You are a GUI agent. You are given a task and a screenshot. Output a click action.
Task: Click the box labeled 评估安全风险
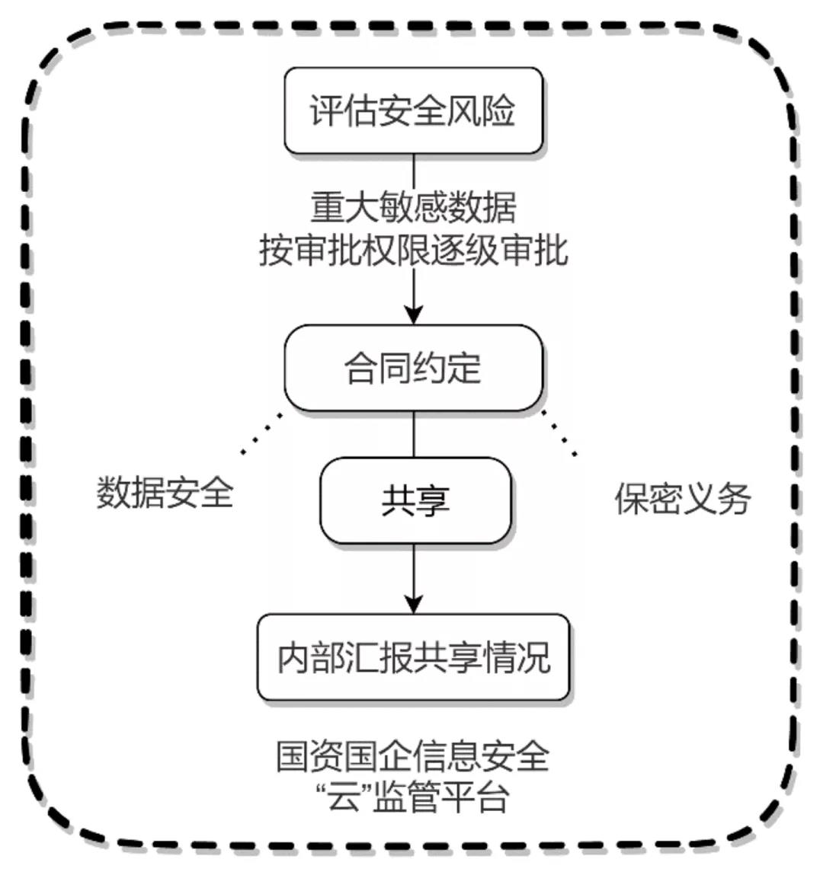[x=413, y=110]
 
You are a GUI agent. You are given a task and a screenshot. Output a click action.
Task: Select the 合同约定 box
[x=413, y=369]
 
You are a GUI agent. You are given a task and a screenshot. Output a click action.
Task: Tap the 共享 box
[x=415, y=500]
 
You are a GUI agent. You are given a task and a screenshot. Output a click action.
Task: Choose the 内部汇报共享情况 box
[x=413, y=657]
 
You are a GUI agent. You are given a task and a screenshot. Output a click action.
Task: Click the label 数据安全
[x=165, y=493]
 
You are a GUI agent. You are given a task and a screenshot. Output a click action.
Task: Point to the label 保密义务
[x=683, y=499]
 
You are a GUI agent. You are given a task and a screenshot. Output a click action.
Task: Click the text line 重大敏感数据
[x=413, y=207]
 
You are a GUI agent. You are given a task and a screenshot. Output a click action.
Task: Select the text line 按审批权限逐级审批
[x=413, y=250]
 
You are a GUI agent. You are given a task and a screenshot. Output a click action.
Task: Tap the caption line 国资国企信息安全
[x=413, y=756]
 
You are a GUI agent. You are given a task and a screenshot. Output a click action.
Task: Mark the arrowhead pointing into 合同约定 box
[x=413, y=315]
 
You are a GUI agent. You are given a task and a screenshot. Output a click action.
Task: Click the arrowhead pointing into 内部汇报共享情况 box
[x=413, y=604]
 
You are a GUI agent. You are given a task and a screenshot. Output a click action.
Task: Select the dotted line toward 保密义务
[x=559, y=435]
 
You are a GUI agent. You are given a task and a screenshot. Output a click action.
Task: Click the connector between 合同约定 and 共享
[x=413, y=434]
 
